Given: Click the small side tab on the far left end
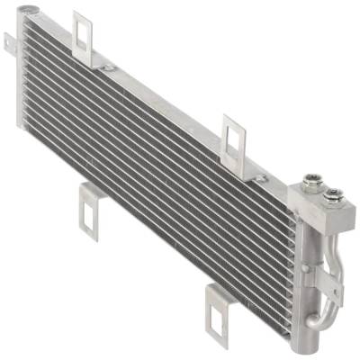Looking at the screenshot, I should coord(10,41).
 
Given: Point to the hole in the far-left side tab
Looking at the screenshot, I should coord(9,40).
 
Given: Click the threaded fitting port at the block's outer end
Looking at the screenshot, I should coord(334,193).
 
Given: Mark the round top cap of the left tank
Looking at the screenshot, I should coord(32,12).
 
